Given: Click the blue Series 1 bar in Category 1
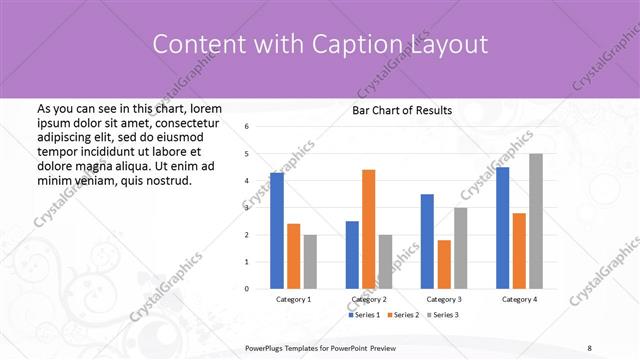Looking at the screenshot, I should pos(277,230).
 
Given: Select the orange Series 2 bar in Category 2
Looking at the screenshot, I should pos(368,229).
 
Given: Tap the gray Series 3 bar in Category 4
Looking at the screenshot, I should pos(536,221).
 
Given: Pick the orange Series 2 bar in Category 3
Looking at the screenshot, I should pos(443,264).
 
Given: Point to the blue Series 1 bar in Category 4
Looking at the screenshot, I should pos(502,228).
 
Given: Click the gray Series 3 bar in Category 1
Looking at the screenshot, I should pos(310,261).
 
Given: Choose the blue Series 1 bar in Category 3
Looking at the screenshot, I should pos(427,241).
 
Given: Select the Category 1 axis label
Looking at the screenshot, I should pos(293,299).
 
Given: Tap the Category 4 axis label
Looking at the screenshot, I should pos(519,299).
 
